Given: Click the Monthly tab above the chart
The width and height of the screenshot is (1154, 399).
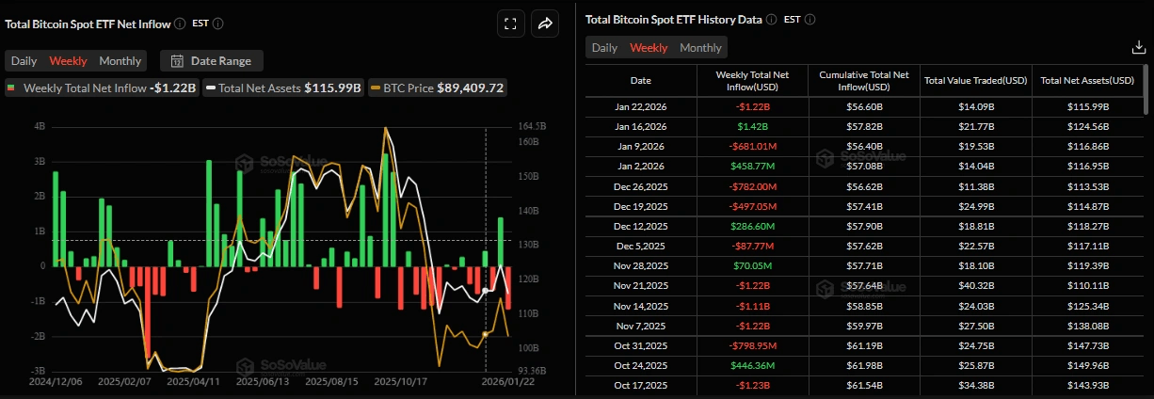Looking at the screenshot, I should pyautogui.click(x=120, y=61).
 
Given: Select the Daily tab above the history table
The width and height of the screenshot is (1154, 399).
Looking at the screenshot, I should pyautogui.click(x=604, y=48).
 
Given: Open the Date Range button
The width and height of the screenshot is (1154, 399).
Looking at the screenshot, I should pyautogui.click(x=212, y=61).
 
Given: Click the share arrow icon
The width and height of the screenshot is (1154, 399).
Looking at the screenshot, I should pyautogui.click(x=545, y=24).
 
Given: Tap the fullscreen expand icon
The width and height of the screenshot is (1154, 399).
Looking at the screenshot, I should pyautogui.click(x=510, y=24).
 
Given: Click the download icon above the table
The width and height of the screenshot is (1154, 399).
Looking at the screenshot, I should pyautogui.click(x=1137, y=48).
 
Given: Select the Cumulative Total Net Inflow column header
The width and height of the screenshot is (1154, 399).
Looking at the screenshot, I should pyautogui.click(x=864, y=81).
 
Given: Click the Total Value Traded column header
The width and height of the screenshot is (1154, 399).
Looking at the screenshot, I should pyautogui.click(x=976, y=81).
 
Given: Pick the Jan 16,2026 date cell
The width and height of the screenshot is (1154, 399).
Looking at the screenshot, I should pyautogui.click(x=640, y=126).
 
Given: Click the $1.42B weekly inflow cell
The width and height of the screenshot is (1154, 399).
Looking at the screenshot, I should pyautogui.click(x=752, y=126).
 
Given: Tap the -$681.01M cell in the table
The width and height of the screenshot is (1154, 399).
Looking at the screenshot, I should pyautogui.click(x=752, y=146).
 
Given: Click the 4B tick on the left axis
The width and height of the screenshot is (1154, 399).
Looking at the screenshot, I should pyautogui.click(x=40, y=126).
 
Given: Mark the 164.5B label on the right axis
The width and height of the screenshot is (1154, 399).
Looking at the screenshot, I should pyautogui.click(x=533, y=126).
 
